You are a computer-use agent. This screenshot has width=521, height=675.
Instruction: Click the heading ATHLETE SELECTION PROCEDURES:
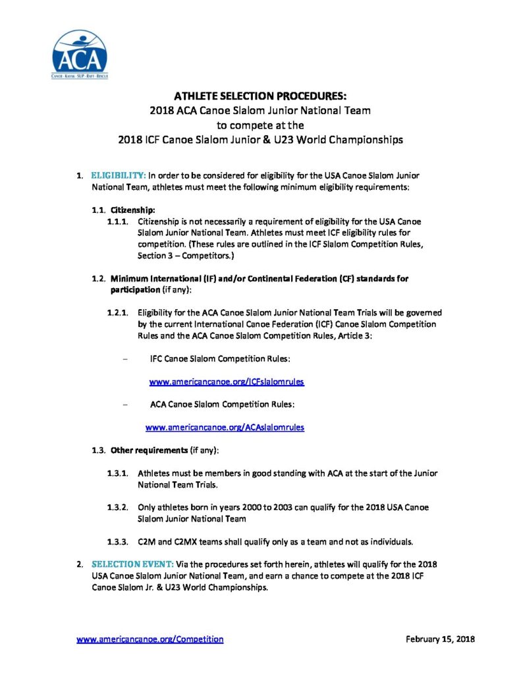(x=260, y=96)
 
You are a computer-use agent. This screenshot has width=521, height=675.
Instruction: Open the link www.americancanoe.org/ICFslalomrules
(x=227, y=382)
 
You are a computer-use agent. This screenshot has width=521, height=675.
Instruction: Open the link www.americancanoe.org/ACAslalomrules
(x=225, y=427)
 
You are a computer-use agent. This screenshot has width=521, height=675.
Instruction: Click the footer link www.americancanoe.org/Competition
(x=150, y=639)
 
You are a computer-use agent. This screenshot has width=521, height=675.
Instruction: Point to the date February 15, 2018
(x=441, y=639)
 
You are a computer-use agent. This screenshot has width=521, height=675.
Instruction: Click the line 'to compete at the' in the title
(x=260, y=125)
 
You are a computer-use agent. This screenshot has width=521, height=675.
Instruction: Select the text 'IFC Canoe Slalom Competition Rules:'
(x=220, y=359)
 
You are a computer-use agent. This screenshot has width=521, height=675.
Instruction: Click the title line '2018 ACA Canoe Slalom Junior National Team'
(x=260, y=110)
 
